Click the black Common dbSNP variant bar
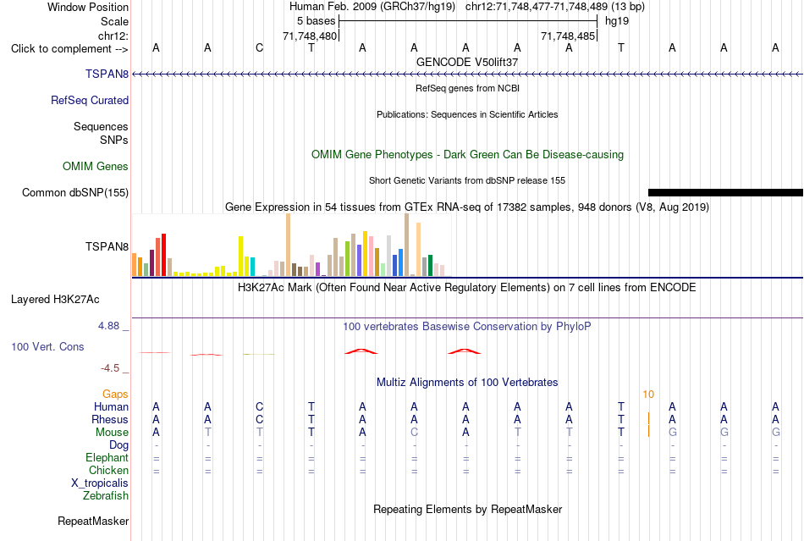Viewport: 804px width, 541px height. (x=725, y=193)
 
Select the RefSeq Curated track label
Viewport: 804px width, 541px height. (x=90, y=101)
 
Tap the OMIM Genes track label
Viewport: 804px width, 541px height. (x=96, y=167)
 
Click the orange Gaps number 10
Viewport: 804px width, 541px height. (x=648, y=395)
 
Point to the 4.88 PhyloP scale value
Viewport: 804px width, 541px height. (x=108, y=326)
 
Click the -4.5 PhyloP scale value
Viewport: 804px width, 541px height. (x=110, y=368)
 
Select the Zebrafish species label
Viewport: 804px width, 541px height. (x=106, y=496)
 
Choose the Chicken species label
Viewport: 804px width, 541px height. (x=108, y=470)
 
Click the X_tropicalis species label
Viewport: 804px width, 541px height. (x=100, y=483)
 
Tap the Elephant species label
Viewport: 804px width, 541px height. (x=107, y=457)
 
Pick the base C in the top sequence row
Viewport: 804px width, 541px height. (x=260, y=48)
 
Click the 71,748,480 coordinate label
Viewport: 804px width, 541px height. (x=310, y=36)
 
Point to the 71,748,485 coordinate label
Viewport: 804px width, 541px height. (x=568, y=36)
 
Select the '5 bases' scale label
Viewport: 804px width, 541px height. (x=316, y=21)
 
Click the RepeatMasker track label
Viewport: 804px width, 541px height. (x=93, y=522)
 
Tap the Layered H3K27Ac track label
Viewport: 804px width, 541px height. (x=55, y=300)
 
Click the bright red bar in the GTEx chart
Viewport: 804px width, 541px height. (x=163, y=255)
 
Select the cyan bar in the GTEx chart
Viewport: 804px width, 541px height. (x=252, y=267)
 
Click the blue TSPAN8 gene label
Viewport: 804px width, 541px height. (x=107, y=75)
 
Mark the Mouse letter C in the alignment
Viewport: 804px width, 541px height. (x=415, y=433)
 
